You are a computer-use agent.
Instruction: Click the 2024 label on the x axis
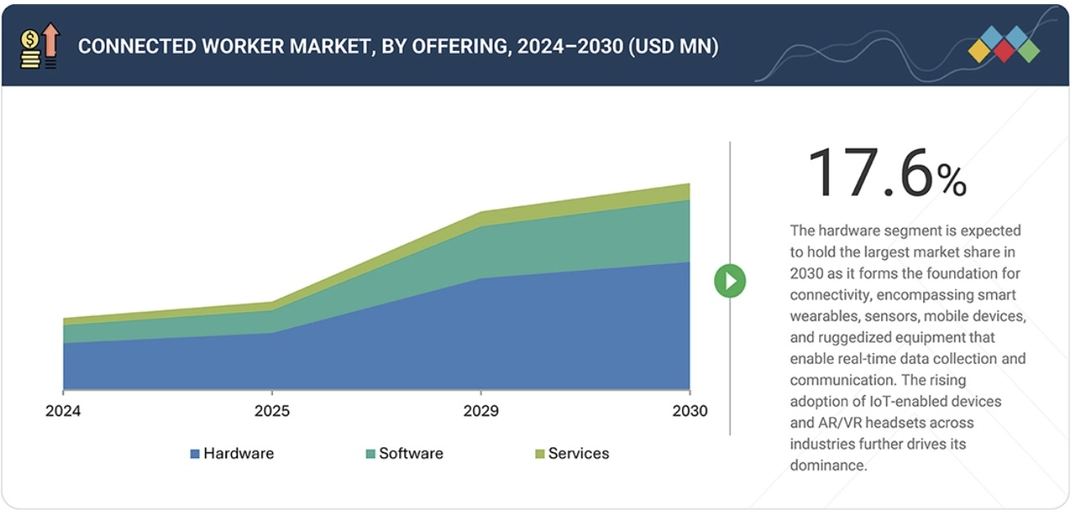pos(62,411)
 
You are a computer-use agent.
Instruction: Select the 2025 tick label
pos(271,411)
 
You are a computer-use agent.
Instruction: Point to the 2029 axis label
pos(480,411)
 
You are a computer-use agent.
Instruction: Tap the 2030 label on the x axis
pos(689,411)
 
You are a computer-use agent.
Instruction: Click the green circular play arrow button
pos(730,281)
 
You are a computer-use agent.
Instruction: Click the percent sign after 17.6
pos(953,180)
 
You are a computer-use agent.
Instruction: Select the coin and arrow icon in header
pos(39,45)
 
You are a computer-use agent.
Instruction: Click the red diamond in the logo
pos(1003,51)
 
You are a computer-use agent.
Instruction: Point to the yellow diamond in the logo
pos(980,51)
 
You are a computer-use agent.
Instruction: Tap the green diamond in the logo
pos(1028,51)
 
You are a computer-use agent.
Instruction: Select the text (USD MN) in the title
pos(673,47)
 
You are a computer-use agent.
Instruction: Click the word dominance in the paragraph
pos(828,465)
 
